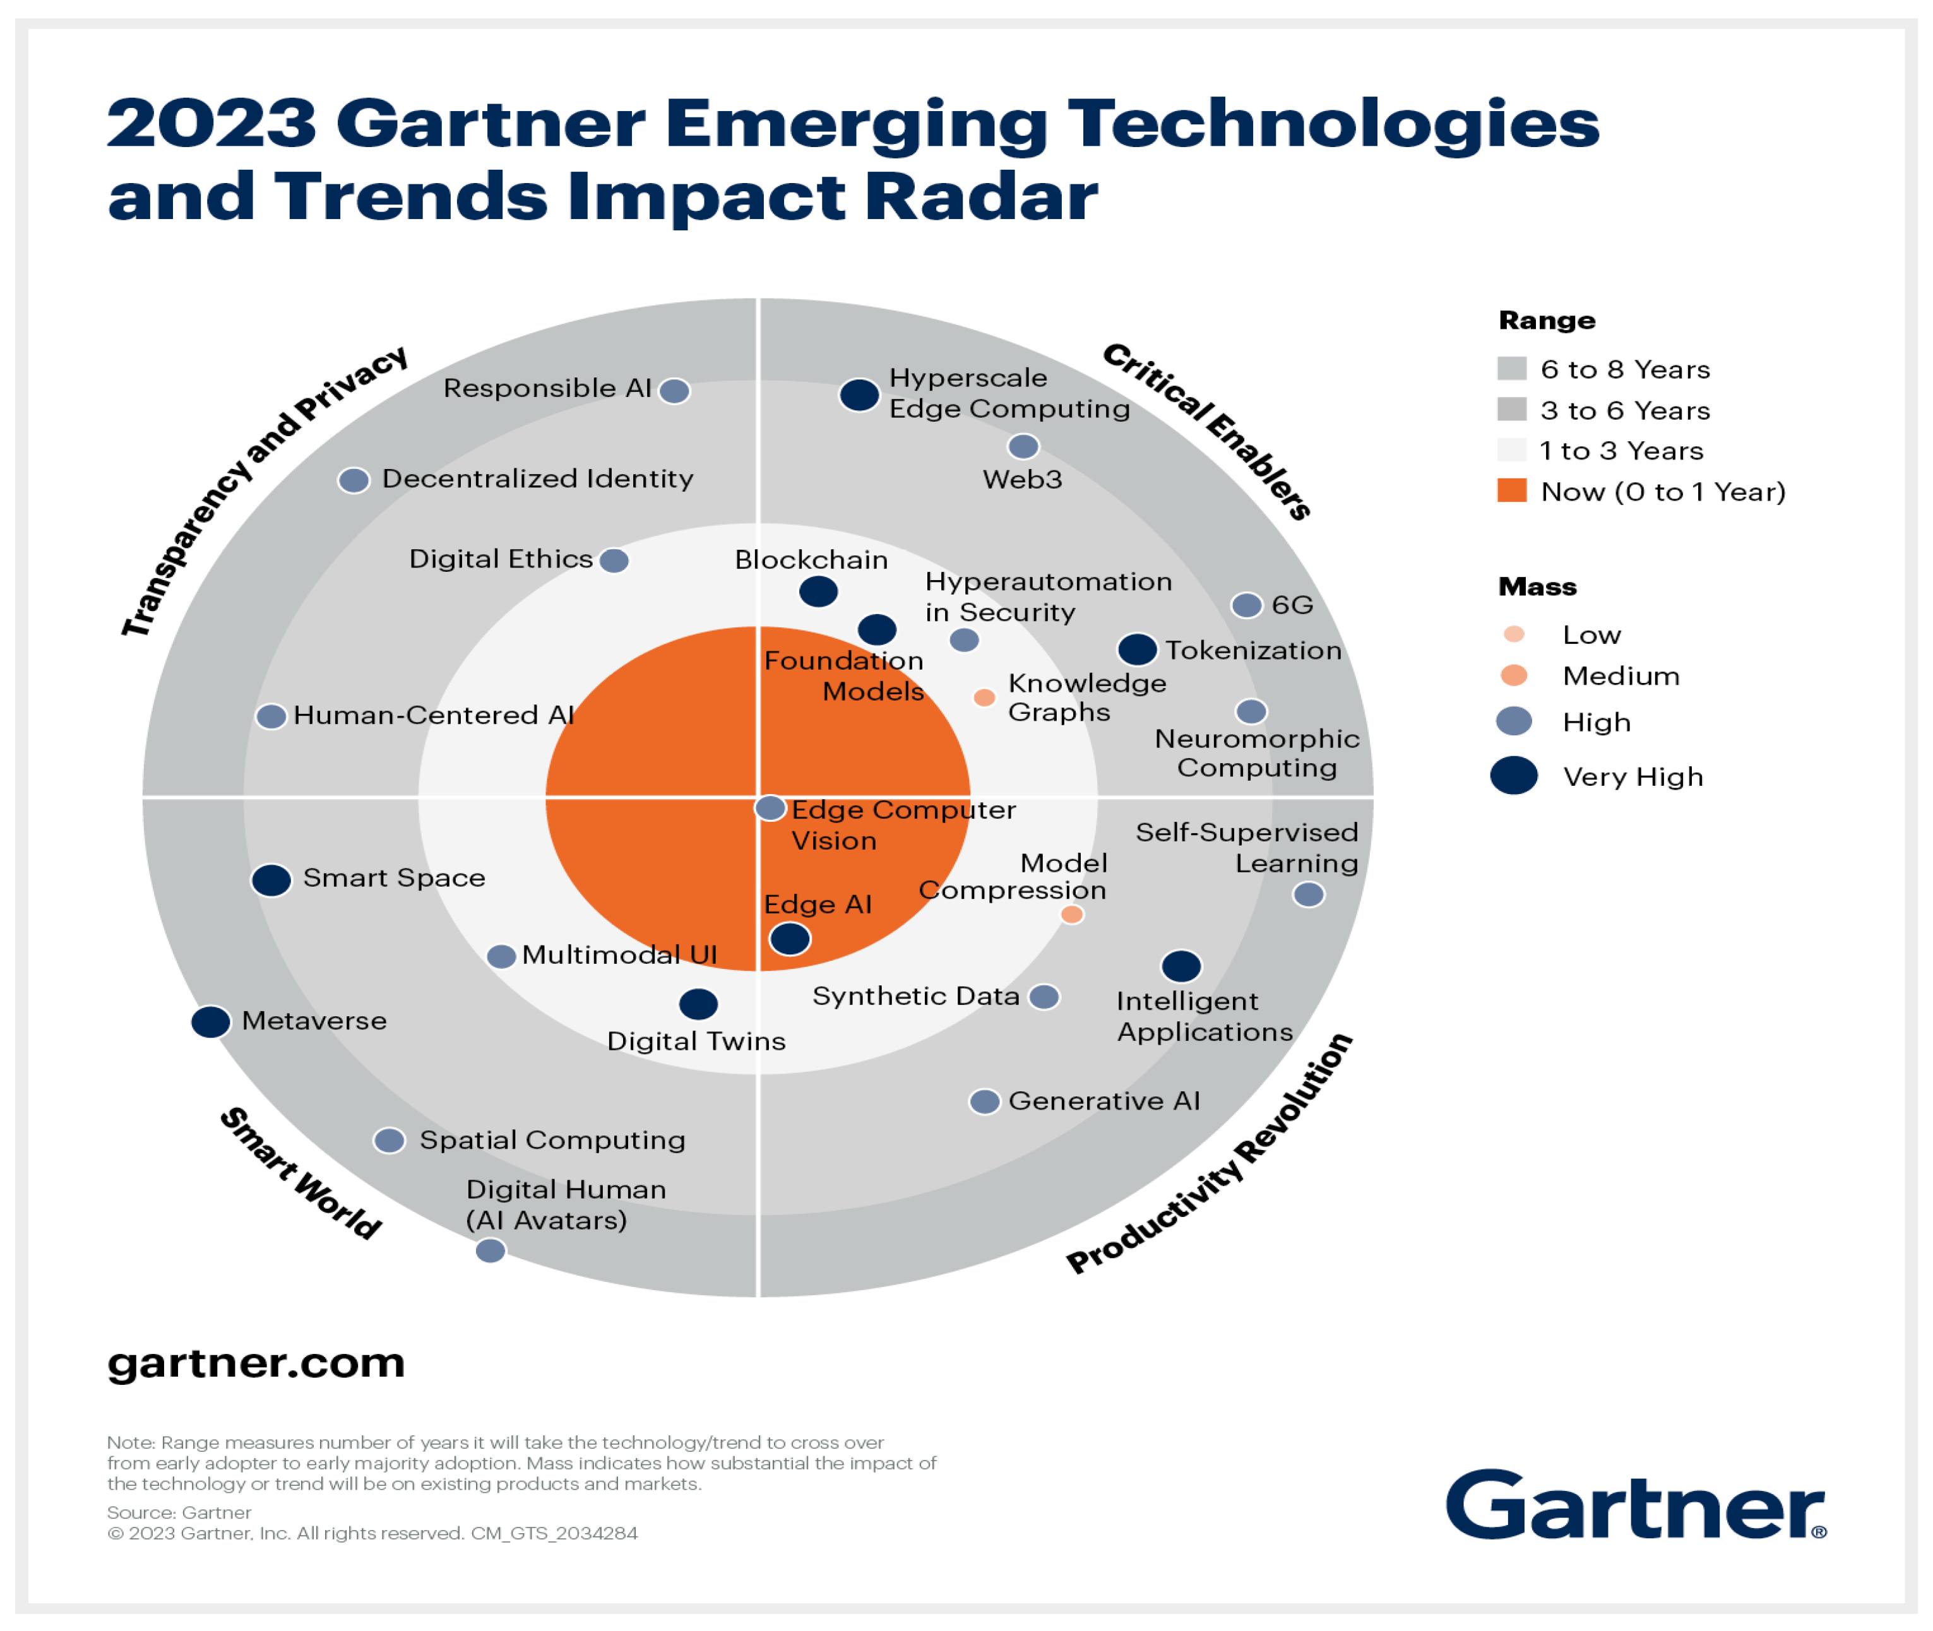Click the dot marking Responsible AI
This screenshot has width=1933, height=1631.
[674, 391]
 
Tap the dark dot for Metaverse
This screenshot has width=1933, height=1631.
[211, 1022]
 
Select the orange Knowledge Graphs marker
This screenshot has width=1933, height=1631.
[984, 697]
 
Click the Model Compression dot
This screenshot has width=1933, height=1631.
[1071, 915]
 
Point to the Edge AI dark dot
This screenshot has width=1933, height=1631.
[790, 939]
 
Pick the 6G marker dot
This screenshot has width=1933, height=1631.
[1247, 605]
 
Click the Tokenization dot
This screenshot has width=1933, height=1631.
[1137, 649]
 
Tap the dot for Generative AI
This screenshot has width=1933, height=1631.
[984, 1101]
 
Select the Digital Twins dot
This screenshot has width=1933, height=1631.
[698, 1003]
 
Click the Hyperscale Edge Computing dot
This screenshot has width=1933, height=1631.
[859, 394]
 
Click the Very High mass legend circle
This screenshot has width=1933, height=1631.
[1514, 775]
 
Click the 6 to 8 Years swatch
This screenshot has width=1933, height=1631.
[1511, 368]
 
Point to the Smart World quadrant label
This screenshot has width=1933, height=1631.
[300, 1172]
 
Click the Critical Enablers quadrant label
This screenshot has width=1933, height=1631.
[1207, 430]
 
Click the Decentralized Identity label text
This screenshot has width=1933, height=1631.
[537, 479]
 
